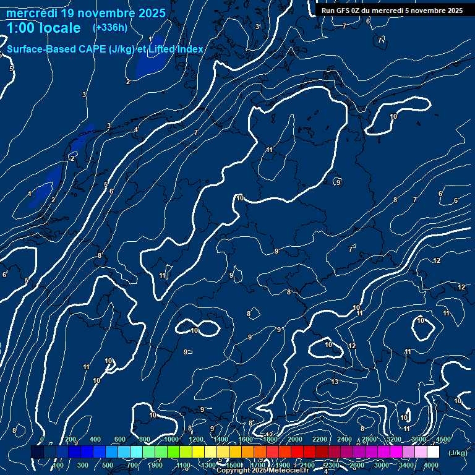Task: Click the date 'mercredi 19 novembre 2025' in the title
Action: point(86,13)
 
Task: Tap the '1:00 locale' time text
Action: point(44,28)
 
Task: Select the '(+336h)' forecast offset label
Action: point(109,28)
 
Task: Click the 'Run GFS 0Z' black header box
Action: point(392,11)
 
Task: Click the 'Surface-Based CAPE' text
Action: point(56,49)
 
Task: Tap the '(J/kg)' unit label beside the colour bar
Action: point(458,453)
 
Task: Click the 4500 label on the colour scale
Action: point(443,439)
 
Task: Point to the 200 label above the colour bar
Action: point(71,439)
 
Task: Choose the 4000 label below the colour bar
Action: point(431,465)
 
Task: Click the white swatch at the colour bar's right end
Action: point(433,453)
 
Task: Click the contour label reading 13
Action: point(335,382)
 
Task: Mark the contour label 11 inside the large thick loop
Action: point(269,150)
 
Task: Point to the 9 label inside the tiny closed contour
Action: point(338,182)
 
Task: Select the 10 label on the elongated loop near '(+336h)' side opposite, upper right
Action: point(393,116)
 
